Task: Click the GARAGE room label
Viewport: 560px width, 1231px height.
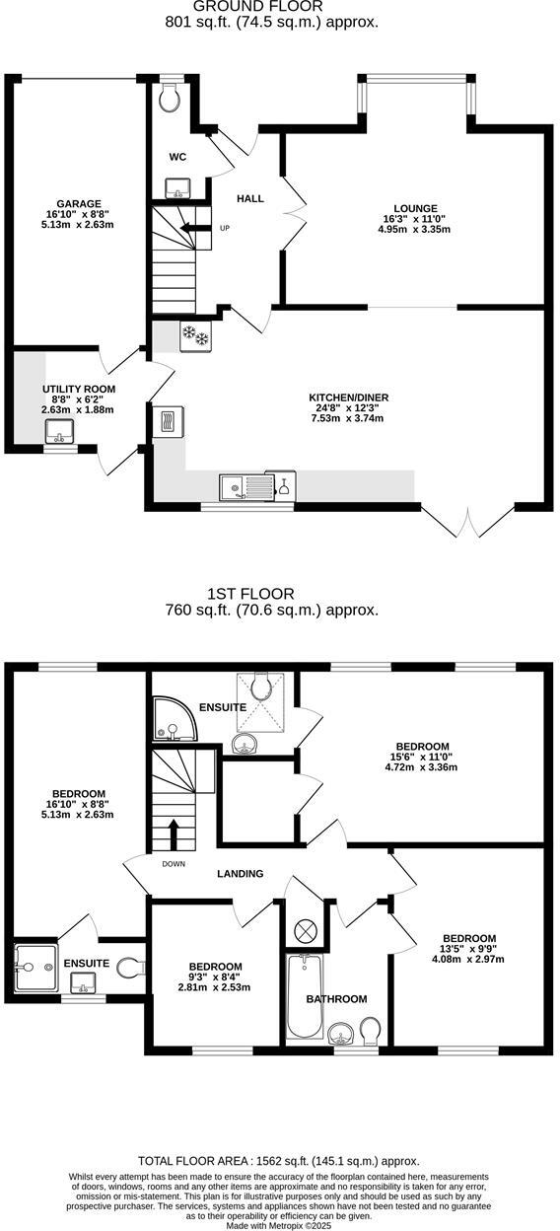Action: click(x=80, y=204)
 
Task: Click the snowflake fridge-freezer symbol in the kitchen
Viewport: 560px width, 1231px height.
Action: click(x=194, y=337)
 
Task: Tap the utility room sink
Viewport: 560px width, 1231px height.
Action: click(x=59, y=431)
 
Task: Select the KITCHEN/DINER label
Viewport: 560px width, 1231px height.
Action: click(x=345, y=398)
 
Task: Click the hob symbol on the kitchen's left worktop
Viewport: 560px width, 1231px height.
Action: click(x=167, y=421)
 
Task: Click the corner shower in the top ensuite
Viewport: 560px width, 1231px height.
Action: click(x=172, y=721)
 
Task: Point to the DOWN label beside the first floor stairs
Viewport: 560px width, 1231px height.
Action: click(x=175, y=864)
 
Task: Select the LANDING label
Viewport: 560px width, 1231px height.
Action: click(x=241, y=873)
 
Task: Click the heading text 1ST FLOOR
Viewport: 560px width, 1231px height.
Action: click(x=250, y=594)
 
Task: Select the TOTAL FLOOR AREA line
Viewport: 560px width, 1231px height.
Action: click(x=279, y=1161)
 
